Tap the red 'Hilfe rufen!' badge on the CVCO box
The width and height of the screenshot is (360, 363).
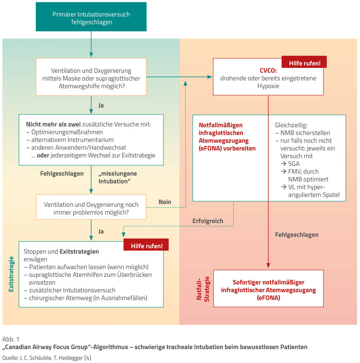tap(304, 63)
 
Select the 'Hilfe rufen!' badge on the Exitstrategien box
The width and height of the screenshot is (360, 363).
tap(146, 245)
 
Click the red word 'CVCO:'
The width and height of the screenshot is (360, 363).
tap(268, 71)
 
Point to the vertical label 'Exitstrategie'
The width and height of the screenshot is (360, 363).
tap(11, 274)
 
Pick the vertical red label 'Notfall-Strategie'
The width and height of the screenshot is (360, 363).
tap(203, 289)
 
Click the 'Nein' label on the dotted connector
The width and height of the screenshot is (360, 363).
tap(165, 202)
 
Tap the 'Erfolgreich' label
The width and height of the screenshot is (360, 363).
tap(208, 221)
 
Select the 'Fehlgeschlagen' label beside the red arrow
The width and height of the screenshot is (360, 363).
tap(297, 235)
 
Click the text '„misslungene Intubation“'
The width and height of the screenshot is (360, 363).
tap(117, 177)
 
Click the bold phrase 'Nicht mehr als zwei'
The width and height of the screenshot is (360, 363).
tap(53, 124)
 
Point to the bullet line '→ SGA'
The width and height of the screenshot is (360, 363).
tap(290, 164)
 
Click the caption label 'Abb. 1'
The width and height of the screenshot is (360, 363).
tap(11, 339)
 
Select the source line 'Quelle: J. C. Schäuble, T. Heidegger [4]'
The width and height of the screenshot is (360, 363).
tap(47, 358)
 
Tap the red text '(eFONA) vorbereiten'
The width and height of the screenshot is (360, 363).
tap(227, 148)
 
